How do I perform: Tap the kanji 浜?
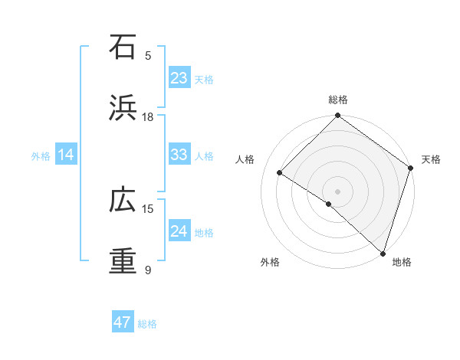tap(123, 108)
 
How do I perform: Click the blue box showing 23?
tap(179, 78)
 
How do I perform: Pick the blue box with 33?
tap(179, 155)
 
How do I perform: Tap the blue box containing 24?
tap(179, 231)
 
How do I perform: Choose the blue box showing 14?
tap(66, 155)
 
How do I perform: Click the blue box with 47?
tap(123, 322)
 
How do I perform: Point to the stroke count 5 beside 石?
tap(148, 55)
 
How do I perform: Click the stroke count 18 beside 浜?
tap(148, 116)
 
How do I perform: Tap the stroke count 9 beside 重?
tap(148, 270)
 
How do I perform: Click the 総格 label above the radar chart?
tap(337, 100)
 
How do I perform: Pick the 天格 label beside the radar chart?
tap(431, 159)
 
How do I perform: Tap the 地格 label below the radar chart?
tap(402, 262)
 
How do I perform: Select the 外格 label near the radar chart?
tap(270, 262)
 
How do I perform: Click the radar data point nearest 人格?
tap(280, 173)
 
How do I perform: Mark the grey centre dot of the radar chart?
tap(337, 191)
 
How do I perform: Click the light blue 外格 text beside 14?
tap(41, 155)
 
